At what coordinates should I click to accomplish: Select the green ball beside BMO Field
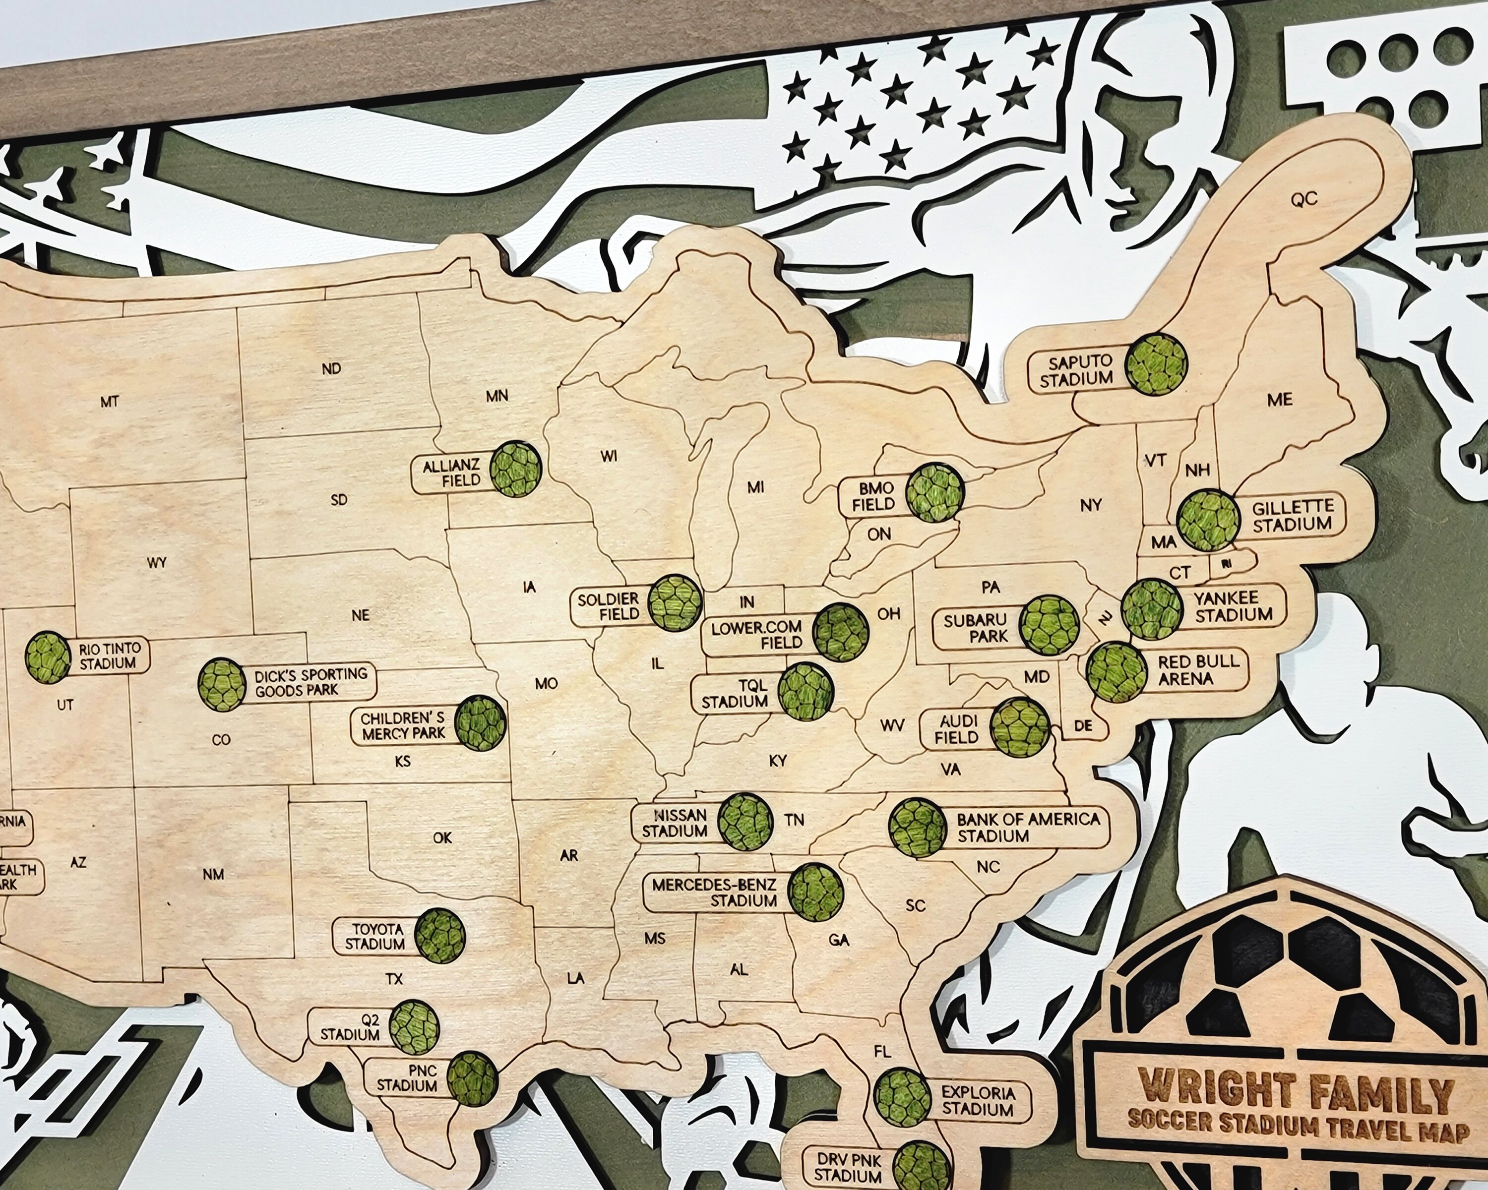point(935,492)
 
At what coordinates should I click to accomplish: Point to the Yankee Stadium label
point(1234,606)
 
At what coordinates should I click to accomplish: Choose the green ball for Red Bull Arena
point(1116,671)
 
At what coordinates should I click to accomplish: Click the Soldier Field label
point(608,606)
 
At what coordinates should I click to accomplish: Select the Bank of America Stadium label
point(1028,827)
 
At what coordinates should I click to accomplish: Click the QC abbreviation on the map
point(1303,199)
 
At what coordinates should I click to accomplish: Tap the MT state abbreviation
point(110,402)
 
